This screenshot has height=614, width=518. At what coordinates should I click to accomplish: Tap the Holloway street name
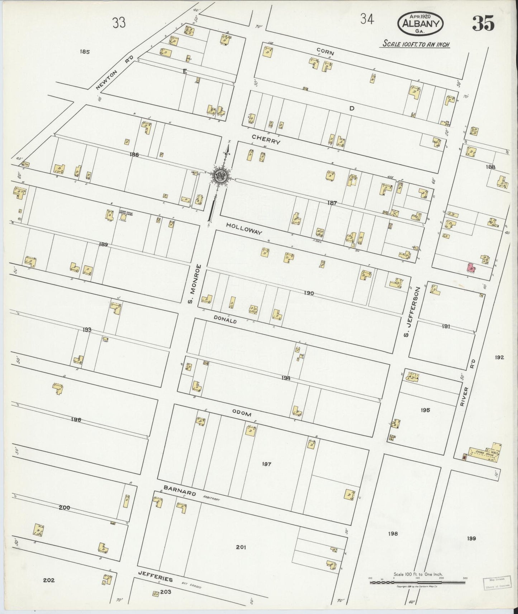(244, 228)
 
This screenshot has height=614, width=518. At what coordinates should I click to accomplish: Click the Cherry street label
(265, 139)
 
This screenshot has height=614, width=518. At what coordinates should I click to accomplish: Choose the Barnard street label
(180, 490)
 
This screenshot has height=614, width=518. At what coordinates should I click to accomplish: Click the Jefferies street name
(155, 579)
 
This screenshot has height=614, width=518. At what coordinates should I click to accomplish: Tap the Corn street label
(325, 52)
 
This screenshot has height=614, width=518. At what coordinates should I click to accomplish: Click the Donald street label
(225, 320)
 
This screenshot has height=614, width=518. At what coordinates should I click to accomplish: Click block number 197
(266, 464)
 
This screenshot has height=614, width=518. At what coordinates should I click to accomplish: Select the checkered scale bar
(418, 583)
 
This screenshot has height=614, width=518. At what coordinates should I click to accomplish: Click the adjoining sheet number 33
(119, 23)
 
